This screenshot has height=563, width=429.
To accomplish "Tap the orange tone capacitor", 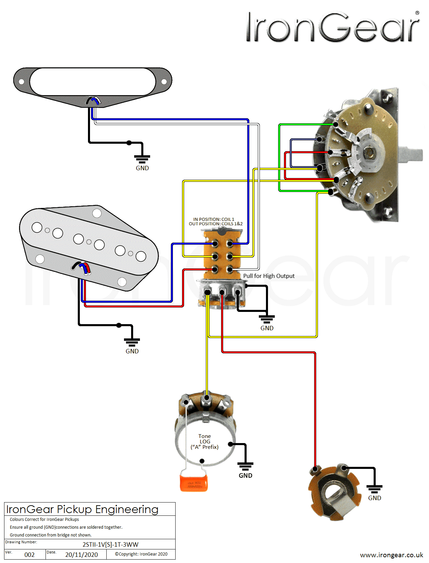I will (x=194, y=483).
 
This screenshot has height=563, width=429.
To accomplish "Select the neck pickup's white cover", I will (x=93, y=82).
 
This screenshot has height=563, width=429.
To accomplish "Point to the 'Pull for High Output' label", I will (x=269, y=276).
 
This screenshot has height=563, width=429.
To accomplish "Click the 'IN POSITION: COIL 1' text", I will (x=214, y=219).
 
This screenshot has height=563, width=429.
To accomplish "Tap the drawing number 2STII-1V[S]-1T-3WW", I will (x=110, y=544).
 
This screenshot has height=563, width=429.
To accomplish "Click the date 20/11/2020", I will (x=82, y=555).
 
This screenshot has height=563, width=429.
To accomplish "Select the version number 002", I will (x=30, y=555).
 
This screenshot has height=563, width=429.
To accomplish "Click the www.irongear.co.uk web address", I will (x=391, y=555).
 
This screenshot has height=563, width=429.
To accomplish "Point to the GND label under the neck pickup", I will (x=142, y=168).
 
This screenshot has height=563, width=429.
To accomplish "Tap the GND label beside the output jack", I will (x=375, y=498).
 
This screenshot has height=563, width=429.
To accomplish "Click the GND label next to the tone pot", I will (x=245, y=475).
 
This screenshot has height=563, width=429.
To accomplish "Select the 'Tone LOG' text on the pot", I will (x=204, y=439).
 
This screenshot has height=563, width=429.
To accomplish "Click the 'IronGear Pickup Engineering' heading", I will (x=83, y=509).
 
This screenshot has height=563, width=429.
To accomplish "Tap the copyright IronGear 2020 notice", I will (x=141, y=554).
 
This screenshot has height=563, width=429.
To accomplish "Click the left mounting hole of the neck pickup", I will (x=21, y=82).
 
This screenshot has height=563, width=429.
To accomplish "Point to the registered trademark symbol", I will (x=417, y=13).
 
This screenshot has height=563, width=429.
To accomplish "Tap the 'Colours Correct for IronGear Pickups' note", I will (x=44, y=519).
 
